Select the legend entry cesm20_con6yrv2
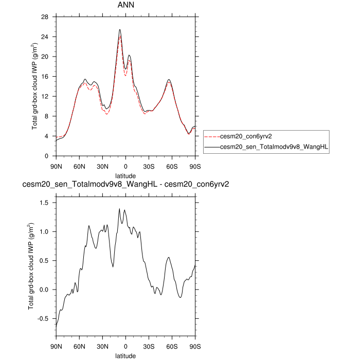click(x=245, y=137)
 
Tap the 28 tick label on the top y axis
click(x=45, y=17)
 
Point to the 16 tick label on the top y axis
click(x=45, y=77)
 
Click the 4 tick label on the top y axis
click(x=47, y=136)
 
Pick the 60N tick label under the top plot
click(x=79, y=166)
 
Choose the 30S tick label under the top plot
click(x=149, y=166)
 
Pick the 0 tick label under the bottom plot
click(x=125, y=346)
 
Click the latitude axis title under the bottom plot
click(x=125, y=355)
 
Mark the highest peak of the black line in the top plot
click(x=120, y=30)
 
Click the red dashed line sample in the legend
click(x=211, y=137)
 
